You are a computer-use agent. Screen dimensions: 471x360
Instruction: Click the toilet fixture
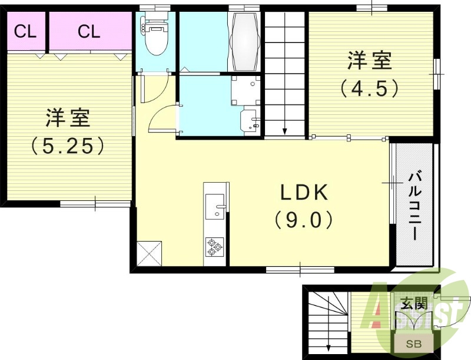tap(154, 36)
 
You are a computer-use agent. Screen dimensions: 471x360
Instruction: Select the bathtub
tap(244, 41)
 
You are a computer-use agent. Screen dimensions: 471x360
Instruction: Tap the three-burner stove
tap(215, 246)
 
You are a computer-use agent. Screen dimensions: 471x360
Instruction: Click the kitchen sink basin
tap(214, 207)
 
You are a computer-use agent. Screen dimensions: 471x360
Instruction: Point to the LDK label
tap(304, 193)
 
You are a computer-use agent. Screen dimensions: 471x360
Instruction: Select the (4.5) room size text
tap(370, 87)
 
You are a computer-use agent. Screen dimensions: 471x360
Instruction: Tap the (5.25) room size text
tap(68, 146)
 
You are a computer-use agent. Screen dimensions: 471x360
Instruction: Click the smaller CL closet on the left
tap(25, 31)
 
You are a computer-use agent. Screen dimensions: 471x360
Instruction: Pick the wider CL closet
tap(89, 31)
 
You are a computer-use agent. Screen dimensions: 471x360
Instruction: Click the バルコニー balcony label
tap(414, 206)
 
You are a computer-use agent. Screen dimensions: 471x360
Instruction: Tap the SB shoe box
tap(414, 344)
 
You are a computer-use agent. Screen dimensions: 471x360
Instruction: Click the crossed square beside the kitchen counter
tap(150, 253)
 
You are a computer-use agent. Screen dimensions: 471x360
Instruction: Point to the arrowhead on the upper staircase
tap(284, 131)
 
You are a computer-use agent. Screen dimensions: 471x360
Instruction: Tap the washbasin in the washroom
tap(251, 120)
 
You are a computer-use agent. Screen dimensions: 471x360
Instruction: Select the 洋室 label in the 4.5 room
tap(370, 61)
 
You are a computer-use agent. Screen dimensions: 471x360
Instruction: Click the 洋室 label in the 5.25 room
tap(68, 118)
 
